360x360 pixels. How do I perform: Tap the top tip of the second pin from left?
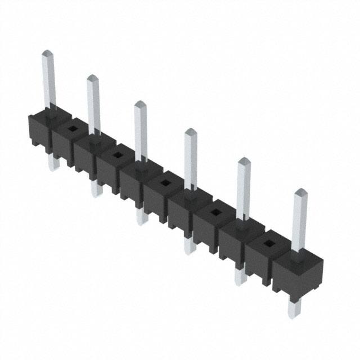point(92,78)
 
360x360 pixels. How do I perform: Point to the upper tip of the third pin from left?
point(139,105)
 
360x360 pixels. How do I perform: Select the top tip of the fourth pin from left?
point(191,133)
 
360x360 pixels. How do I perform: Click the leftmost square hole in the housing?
point(71,128)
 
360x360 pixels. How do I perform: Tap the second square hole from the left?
point(117,154)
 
